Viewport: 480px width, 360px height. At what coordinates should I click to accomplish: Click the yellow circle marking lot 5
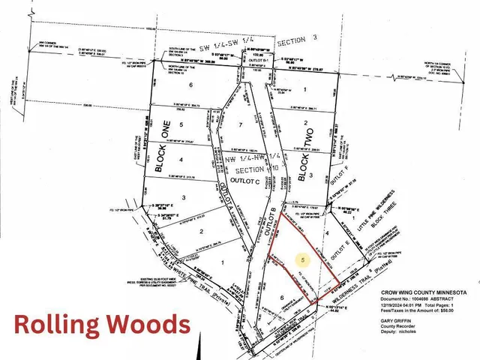click(303, 260)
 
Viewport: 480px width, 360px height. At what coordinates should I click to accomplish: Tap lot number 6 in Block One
click(191, 85)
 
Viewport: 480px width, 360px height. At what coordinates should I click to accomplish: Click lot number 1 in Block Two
click(306, 89)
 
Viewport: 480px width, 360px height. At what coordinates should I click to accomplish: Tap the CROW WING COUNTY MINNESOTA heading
click(423, 292)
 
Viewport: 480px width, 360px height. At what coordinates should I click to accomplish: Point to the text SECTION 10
click(247, 169)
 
